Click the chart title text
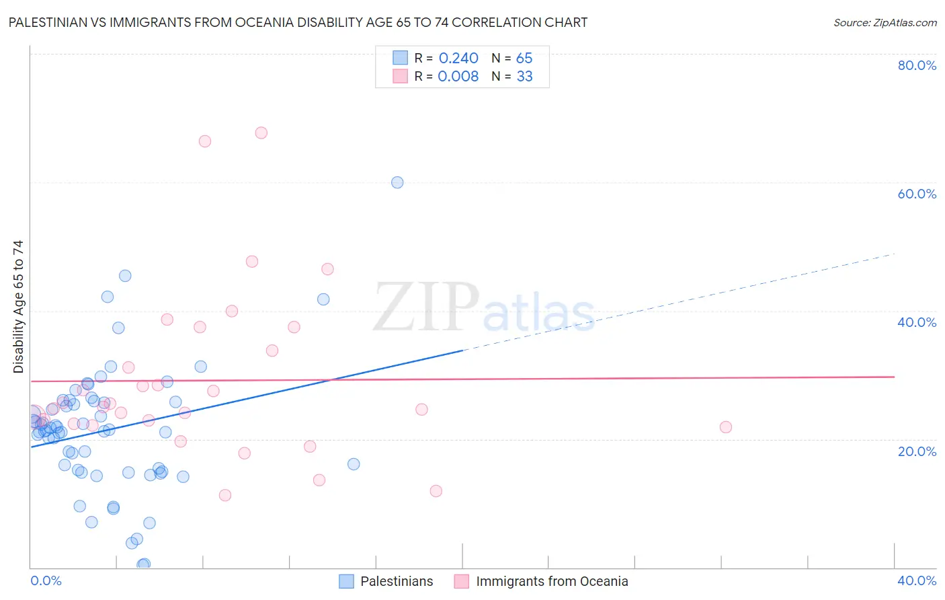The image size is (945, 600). (298, 23)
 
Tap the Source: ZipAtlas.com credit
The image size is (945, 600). (885, 23)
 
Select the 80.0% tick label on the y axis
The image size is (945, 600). (917, 65)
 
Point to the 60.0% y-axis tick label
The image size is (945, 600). (917, 194)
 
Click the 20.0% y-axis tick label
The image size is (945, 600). (917, 451)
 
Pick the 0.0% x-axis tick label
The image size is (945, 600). (46, 580)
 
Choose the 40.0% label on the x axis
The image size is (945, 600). (917, 580)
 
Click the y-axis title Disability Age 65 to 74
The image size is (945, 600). (18, 306)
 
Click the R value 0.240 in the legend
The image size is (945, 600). (458, 59)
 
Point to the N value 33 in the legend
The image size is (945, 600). (524, 77)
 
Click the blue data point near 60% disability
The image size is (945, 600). (397, 182)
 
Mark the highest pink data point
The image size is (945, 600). (261, 133)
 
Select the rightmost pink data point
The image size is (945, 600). (725, 427)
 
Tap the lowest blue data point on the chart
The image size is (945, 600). (143, 564)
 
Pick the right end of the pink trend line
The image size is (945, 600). (894, 377)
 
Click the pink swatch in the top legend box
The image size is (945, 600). (401, 76)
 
